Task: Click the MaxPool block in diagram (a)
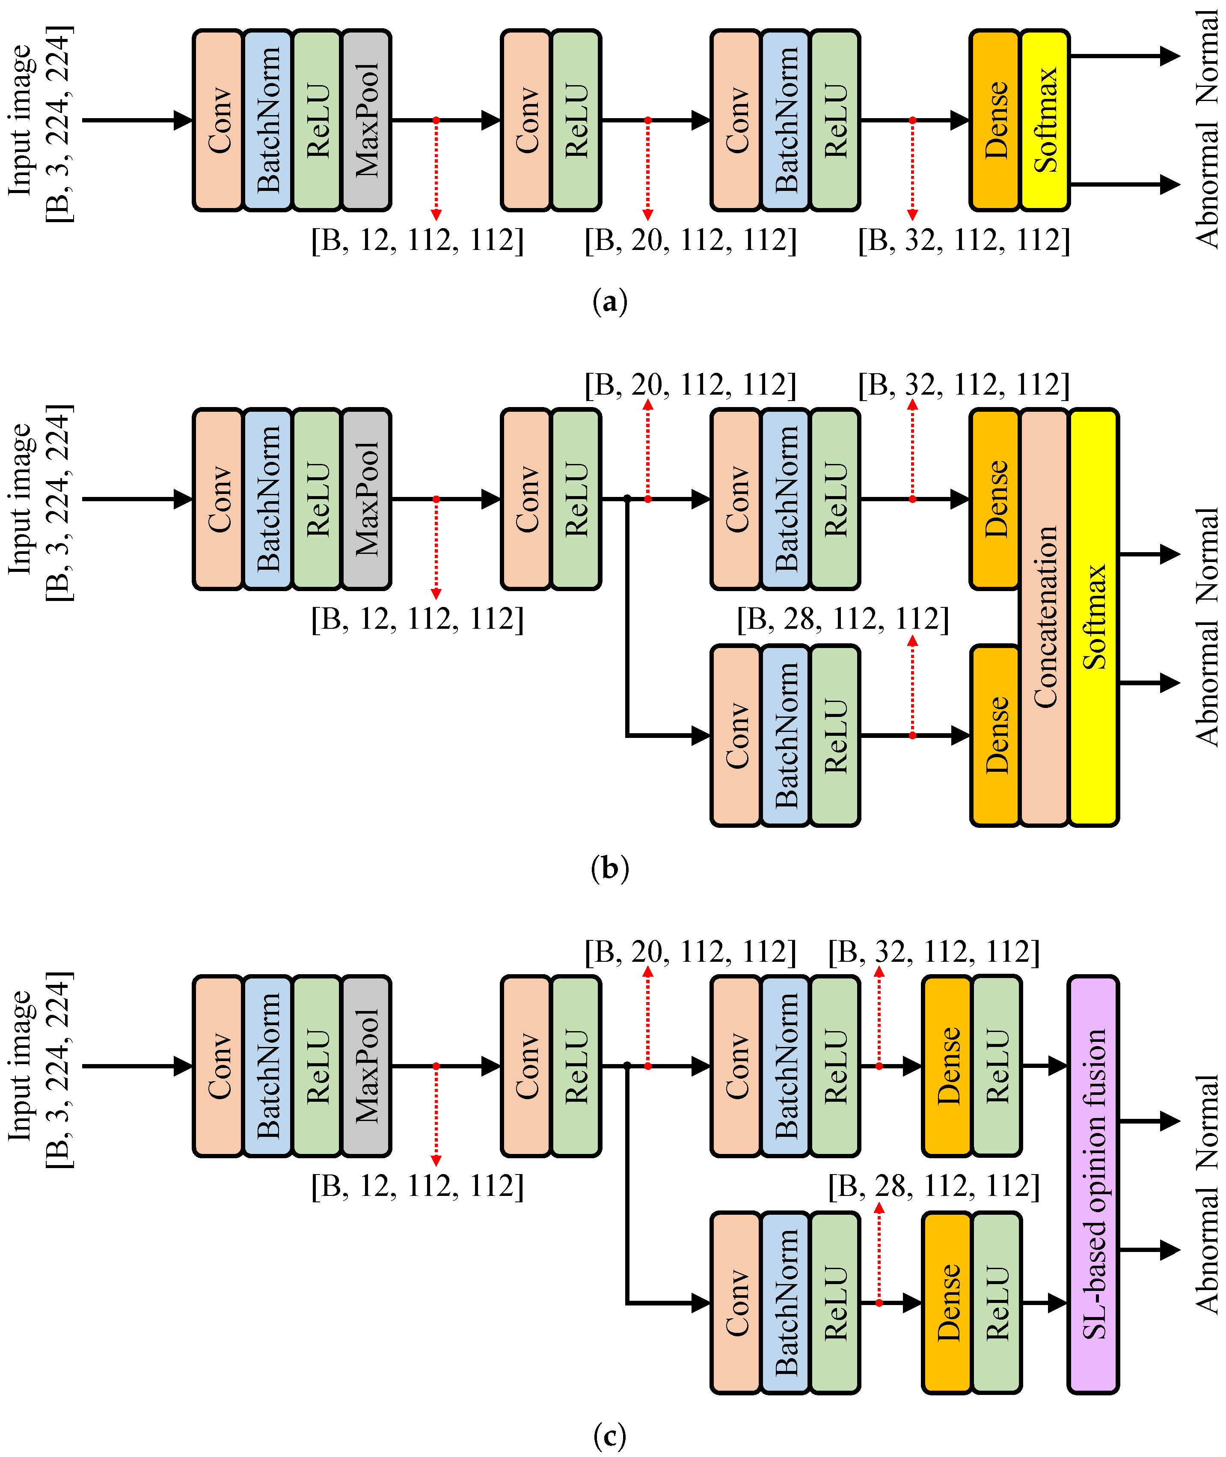pos(366,119)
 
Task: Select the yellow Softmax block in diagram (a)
pos(1045,119)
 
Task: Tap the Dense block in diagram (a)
pos(994,119)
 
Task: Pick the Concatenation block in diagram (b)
pos(1044,617)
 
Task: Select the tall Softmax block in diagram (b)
pos(1093,617)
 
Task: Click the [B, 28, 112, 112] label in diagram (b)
pos(842,618)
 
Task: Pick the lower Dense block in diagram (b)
pos(994,735)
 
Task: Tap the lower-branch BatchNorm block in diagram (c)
pos(785,1302)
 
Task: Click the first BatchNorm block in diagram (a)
pos(267,119)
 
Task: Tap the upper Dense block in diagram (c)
pos(947,1066)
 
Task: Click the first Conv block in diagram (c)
pos(218,1066)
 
